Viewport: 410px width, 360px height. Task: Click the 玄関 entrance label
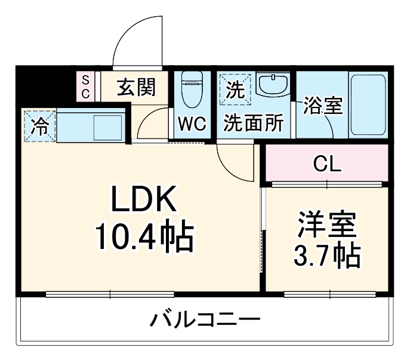point(135,88)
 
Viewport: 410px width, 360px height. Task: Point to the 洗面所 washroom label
point(253,124)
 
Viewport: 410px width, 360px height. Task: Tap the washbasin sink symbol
point(274,85)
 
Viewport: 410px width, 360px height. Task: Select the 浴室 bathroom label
point(322,106)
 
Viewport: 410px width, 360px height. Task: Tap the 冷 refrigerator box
point(40,126)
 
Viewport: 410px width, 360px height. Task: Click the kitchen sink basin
point(108,127)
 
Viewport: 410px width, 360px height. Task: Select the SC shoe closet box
point(85,87)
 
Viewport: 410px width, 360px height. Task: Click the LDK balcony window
point(110,294)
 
